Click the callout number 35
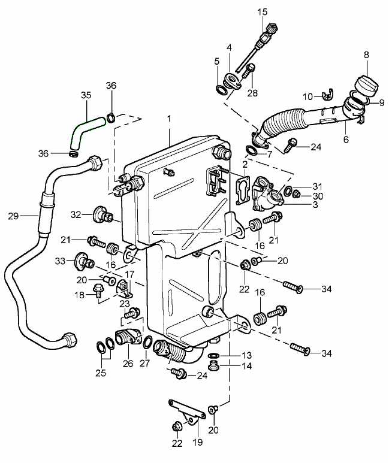coord(86,95)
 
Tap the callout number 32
coord(76,214)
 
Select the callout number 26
coord(127,363)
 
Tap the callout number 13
coord(230,355)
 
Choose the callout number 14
coord(231,367)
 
